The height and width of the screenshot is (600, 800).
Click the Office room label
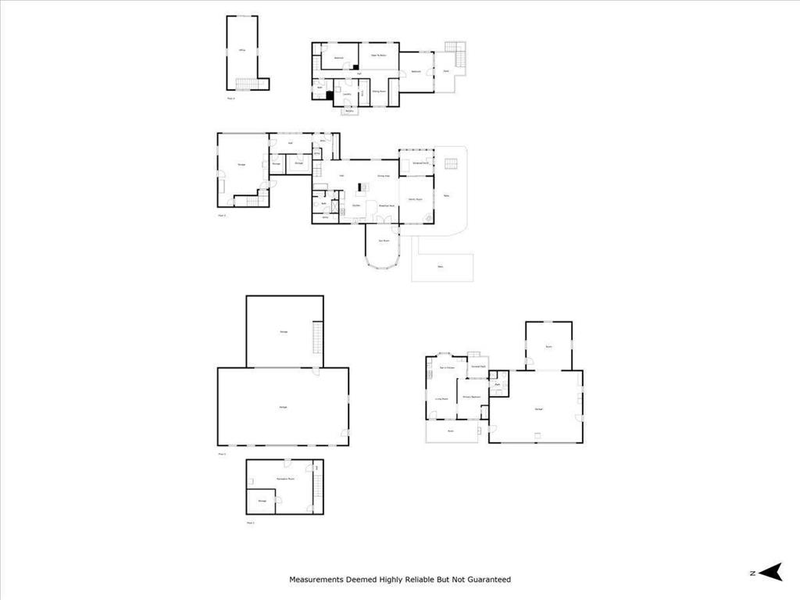click(243, 50)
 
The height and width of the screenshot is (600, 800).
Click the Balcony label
click(349, 111)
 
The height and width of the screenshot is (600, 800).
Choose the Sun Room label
click(384, 241)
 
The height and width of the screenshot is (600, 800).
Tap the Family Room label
click(416, 199)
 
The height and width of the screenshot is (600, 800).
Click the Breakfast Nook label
click(386, 205)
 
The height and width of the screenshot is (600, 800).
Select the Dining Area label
click(384, 176)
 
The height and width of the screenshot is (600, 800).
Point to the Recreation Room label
click(285, 478)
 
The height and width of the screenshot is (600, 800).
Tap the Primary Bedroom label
click(471, 397)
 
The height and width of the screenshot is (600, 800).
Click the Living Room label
click(441, 398)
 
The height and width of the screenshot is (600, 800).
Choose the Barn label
click(548, 345)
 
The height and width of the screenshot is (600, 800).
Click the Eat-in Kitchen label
click(447, 367)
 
